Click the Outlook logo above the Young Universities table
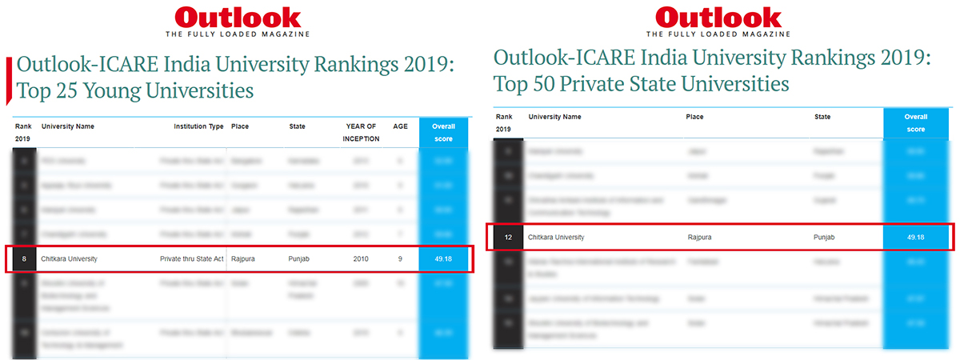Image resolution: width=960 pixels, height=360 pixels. coord(238,18)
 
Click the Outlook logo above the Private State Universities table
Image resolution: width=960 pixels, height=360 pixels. coord(718,18)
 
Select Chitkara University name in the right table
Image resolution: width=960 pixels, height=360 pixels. coord(556,238)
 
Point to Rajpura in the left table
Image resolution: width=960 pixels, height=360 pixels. coord(243,258)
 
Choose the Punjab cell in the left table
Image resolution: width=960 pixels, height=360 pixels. coord(299,258)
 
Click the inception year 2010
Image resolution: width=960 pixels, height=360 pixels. coord(362,258)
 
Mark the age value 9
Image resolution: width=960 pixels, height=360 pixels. coord(400,258)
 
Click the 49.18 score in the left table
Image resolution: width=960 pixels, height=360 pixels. coord(443,258)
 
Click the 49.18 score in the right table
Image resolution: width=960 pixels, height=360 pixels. coord(916,238)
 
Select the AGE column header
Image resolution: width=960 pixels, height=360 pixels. coord(400,126)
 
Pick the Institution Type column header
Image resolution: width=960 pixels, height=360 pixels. coord(198,126)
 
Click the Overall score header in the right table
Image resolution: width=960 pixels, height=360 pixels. coord(916,122)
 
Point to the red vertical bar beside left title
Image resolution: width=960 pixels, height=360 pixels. coord(9,80)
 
